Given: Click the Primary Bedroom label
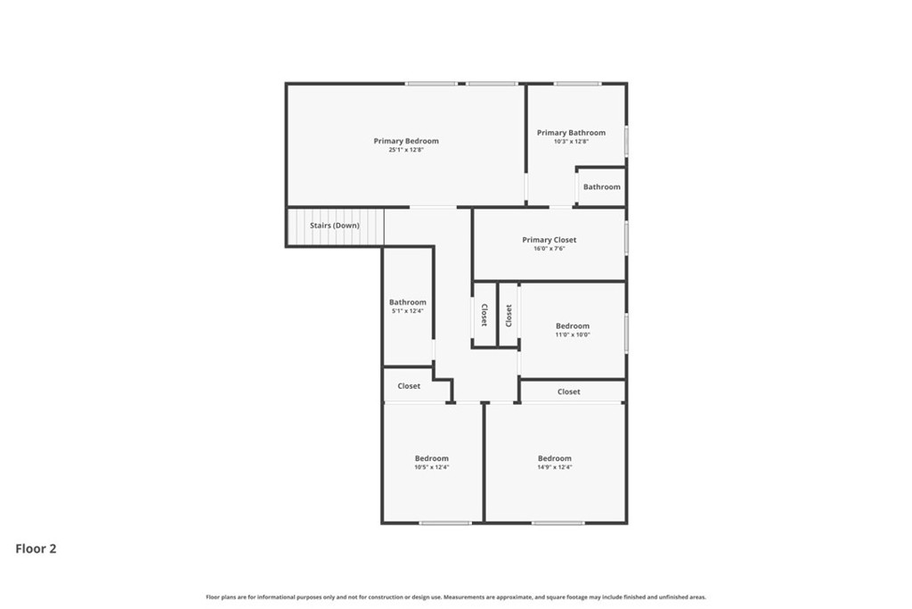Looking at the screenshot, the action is point(406,141).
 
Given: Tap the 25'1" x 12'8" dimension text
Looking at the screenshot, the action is point(406,150).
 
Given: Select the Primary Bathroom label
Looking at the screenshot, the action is point(571,133).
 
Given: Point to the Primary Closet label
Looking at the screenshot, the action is point(549,240).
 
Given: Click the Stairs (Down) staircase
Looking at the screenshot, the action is point(336,227).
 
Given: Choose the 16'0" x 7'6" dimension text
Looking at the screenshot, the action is point(549,249).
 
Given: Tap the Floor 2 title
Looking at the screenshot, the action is point(36,548).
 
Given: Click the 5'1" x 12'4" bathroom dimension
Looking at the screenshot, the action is point(408,311).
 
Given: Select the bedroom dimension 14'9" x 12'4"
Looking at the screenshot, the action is point(554,467).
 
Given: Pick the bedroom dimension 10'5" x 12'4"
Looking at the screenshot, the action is point(432,467).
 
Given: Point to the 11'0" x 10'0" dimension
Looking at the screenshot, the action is point(573,334).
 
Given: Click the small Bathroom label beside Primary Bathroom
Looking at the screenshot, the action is point(602,187).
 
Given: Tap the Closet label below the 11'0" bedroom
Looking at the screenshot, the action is point(569,391).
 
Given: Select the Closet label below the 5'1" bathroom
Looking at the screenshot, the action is point(409,386).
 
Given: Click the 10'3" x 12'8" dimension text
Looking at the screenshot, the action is point(571,142).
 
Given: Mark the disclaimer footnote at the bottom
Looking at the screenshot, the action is point(456,597).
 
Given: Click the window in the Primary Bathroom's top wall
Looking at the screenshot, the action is point(577,84).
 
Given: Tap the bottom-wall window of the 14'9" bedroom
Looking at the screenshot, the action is point(558,523).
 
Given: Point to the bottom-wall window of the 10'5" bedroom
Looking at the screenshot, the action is point(445,523).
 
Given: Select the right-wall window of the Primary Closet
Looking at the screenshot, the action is point(626,237).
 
